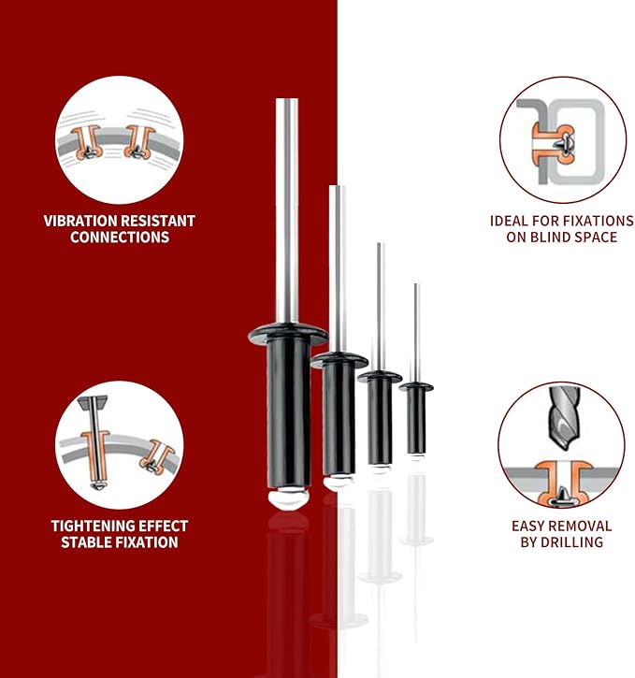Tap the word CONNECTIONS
[120, 237]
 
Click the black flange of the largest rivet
[288, 334]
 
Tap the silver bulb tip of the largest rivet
[288, 498]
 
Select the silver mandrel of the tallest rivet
[287, 210]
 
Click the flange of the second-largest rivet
[339, 360]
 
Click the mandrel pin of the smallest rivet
[416, 333]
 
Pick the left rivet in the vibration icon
[87, 142]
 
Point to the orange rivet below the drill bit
[562, 483]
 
